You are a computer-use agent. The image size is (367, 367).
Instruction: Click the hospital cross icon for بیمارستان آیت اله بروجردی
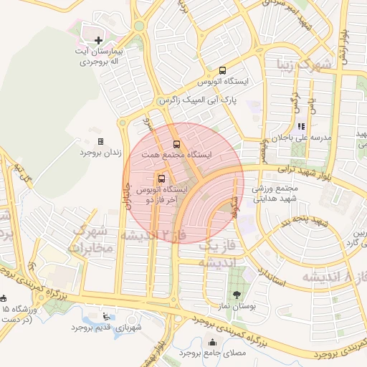point(98,39)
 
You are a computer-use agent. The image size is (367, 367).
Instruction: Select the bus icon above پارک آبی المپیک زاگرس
point(222,71)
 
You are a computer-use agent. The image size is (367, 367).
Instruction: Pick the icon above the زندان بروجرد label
point(100,141)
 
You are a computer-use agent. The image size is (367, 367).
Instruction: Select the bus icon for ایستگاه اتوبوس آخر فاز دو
point(160,178)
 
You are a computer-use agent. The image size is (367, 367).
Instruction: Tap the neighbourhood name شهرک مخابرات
point(92,239)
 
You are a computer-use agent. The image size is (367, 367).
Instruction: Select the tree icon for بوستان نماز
point(237,295)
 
